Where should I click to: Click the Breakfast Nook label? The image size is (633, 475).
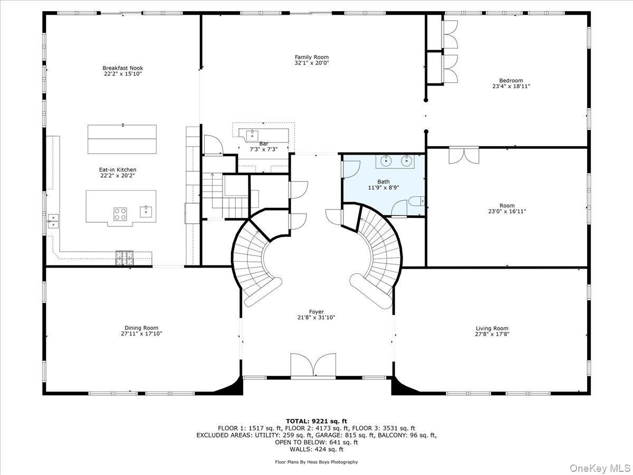click(x=122, y=68)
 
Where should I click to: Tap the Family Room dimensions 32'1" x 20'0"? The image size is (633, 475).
click(x=311, y=63)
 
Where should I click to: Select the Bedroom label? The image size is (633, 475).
click(x=511, y=81)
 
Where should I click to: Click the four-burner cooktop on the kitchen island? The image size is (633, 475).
click(x=120, y=214)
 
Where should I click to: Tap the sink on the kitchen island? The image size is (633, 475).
click(x=146, y=211)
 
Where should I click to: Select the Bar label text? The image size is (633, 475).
click(x=264, y=143)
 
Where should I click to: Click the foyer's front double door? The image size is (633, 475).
click(x=313, y=366)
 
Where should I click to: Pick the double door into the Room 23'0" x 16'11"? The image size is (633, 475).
click(x=464, y=155)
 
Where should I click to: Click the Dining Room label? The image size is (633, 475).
click(x=141, y=328)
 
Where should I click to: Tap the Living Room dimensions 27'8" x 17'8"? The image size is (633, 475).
click(x=492, y=334)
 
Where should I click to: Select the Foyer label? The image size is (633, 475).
click(x=316, y=311)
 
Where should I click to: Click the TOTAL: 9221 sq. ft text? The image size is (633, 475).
click(x=316, y=421)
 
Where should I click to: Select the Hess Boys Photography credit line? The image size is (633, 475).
click(x=316, y=462)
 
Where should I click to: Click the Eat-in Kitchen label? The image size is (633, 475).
click(x=118, y=170)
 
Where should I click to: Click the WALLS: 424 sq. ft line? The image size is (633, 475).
click(x=316, y=449)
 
